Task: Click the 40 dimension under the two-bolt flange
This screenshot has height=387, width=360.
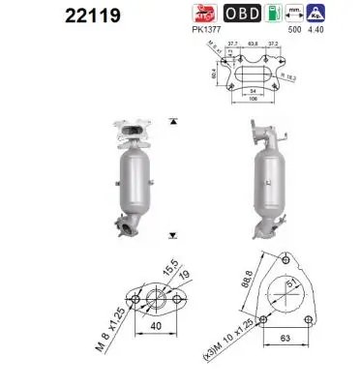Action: click(x=156, y=326)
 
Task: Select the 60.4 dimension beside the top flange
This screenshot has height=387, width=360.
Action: click(x=217, y=71)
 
